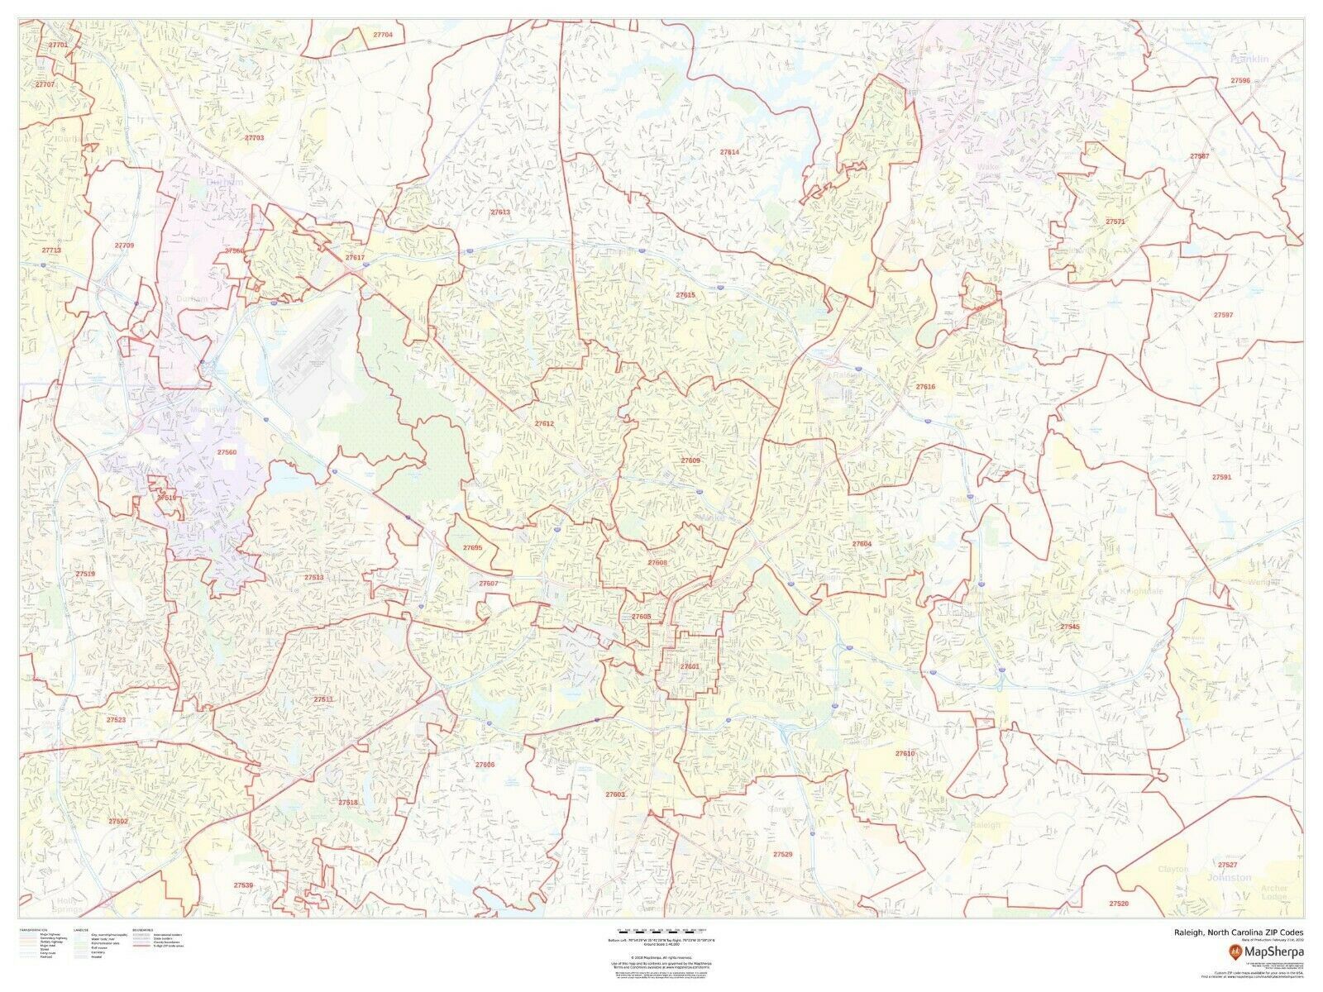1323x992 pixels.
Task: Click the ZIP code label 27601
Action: tap(690, 666)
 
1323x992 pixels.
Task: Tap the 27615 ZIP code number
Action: tap(685, 294)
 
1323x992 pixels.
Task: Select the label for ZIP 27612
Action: tap(544, 423)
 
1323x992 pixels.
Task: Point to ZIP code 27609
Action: tap(690, 460)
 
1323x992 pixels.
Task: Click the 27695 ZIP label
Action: tap(472, 547)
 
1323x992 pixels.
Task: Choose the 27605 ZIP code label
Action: tap(641, 617)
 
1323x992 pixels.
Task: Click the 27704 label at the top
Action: tap(383, 35)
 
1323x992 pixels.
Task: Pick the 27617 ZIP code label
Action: tap(355, 258)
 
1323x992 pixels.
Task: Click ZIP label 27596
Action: tap(1239, 81)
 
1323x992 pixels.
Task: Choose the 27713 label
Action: tap(52, 250)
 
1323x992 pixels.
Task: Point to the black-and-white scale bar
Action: tap(661, 935)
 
